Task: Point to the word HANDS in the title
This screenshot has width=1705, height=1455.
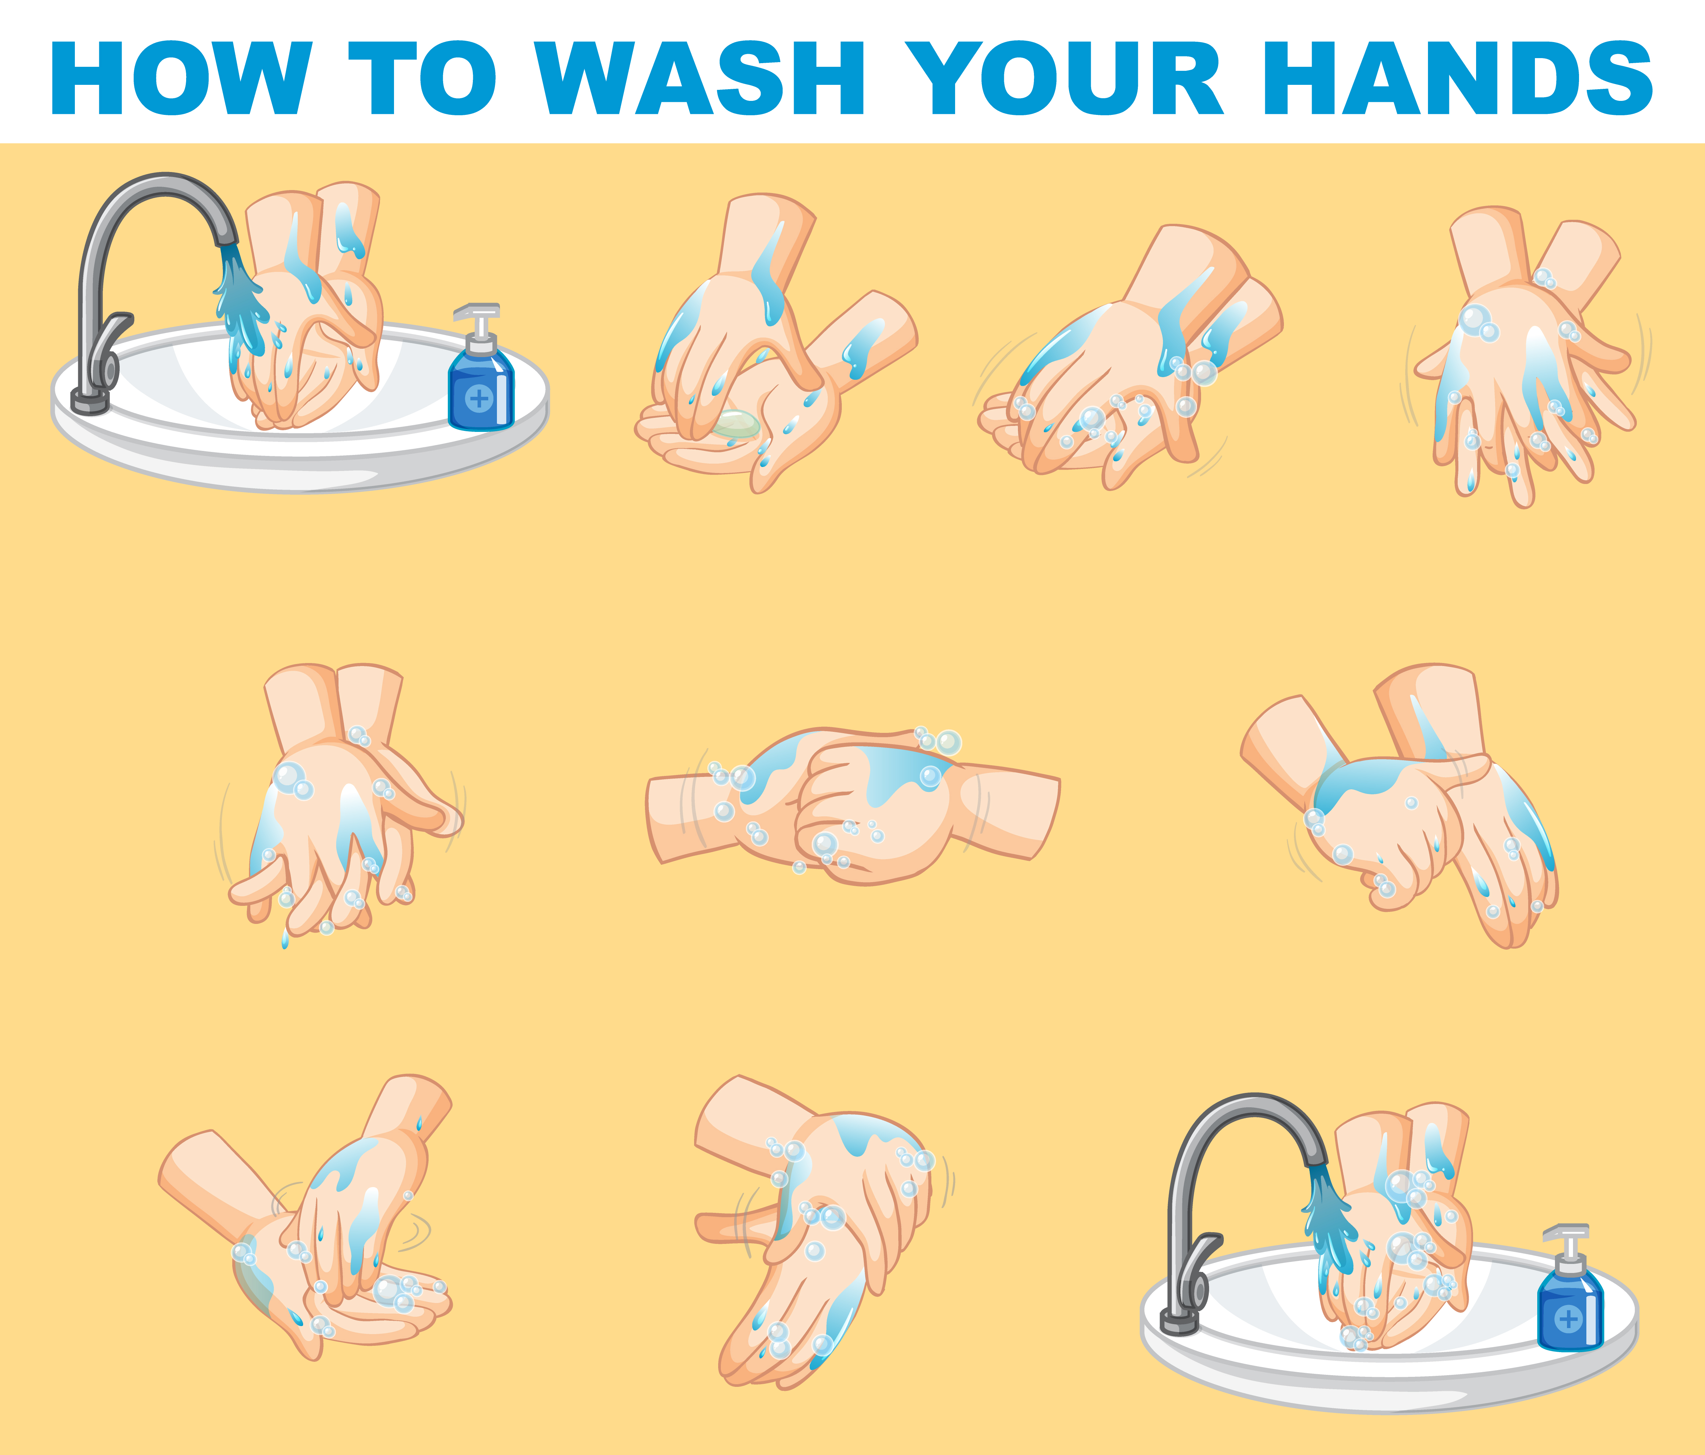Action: (1456, 78)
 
